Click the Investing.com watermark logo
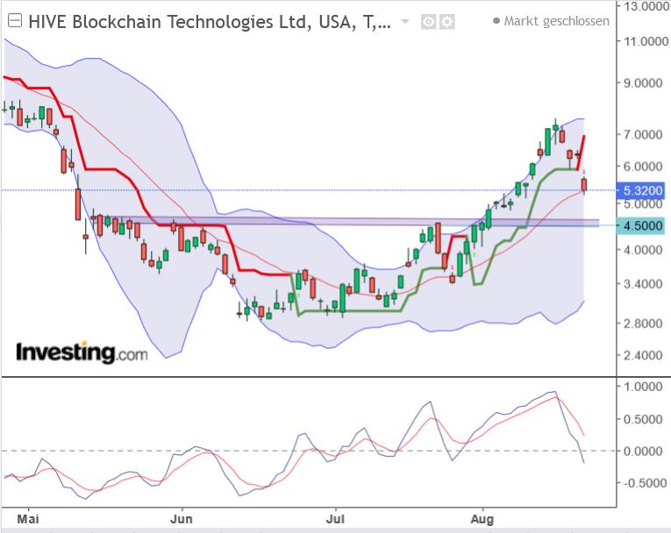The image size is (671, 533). tap(82, 353)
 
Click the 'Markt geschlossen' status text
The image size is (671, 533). tap(556, 21)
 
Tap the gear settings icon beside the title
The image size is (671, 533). tap(447, 22)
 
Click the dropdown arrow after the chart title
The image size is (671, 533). tap(404, 22)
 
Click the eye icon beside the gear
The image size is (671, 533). tap(429, 22)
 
